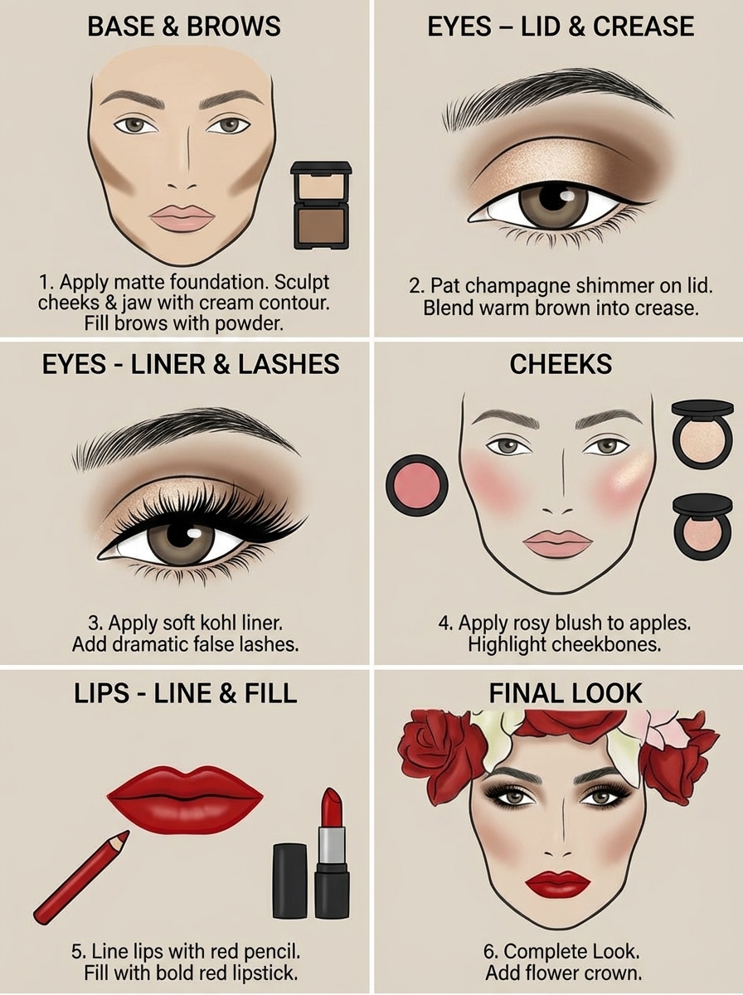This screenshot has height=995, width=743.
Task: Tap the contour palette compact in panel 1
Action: tap(321, 204)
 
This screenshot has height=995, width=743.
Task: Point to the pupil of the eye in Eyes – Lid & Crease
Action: tap(552, 200)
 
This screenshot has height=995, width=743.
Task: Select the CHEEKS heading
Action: tap(561, 364)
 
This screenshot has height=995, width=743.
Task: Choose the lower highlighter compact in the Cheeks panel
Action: tap(702, 527)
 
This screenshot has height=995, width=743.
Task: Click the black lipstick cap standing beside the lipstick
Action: tap(290, 881)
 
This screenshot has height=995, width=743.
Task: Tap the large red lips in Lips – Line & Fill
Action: tap(185, 795)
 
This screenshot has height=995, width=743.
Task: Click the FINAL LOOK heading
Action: tap(565, 693)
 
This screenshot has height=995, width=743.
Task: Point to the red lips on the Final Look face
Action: tap(557, 884)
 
